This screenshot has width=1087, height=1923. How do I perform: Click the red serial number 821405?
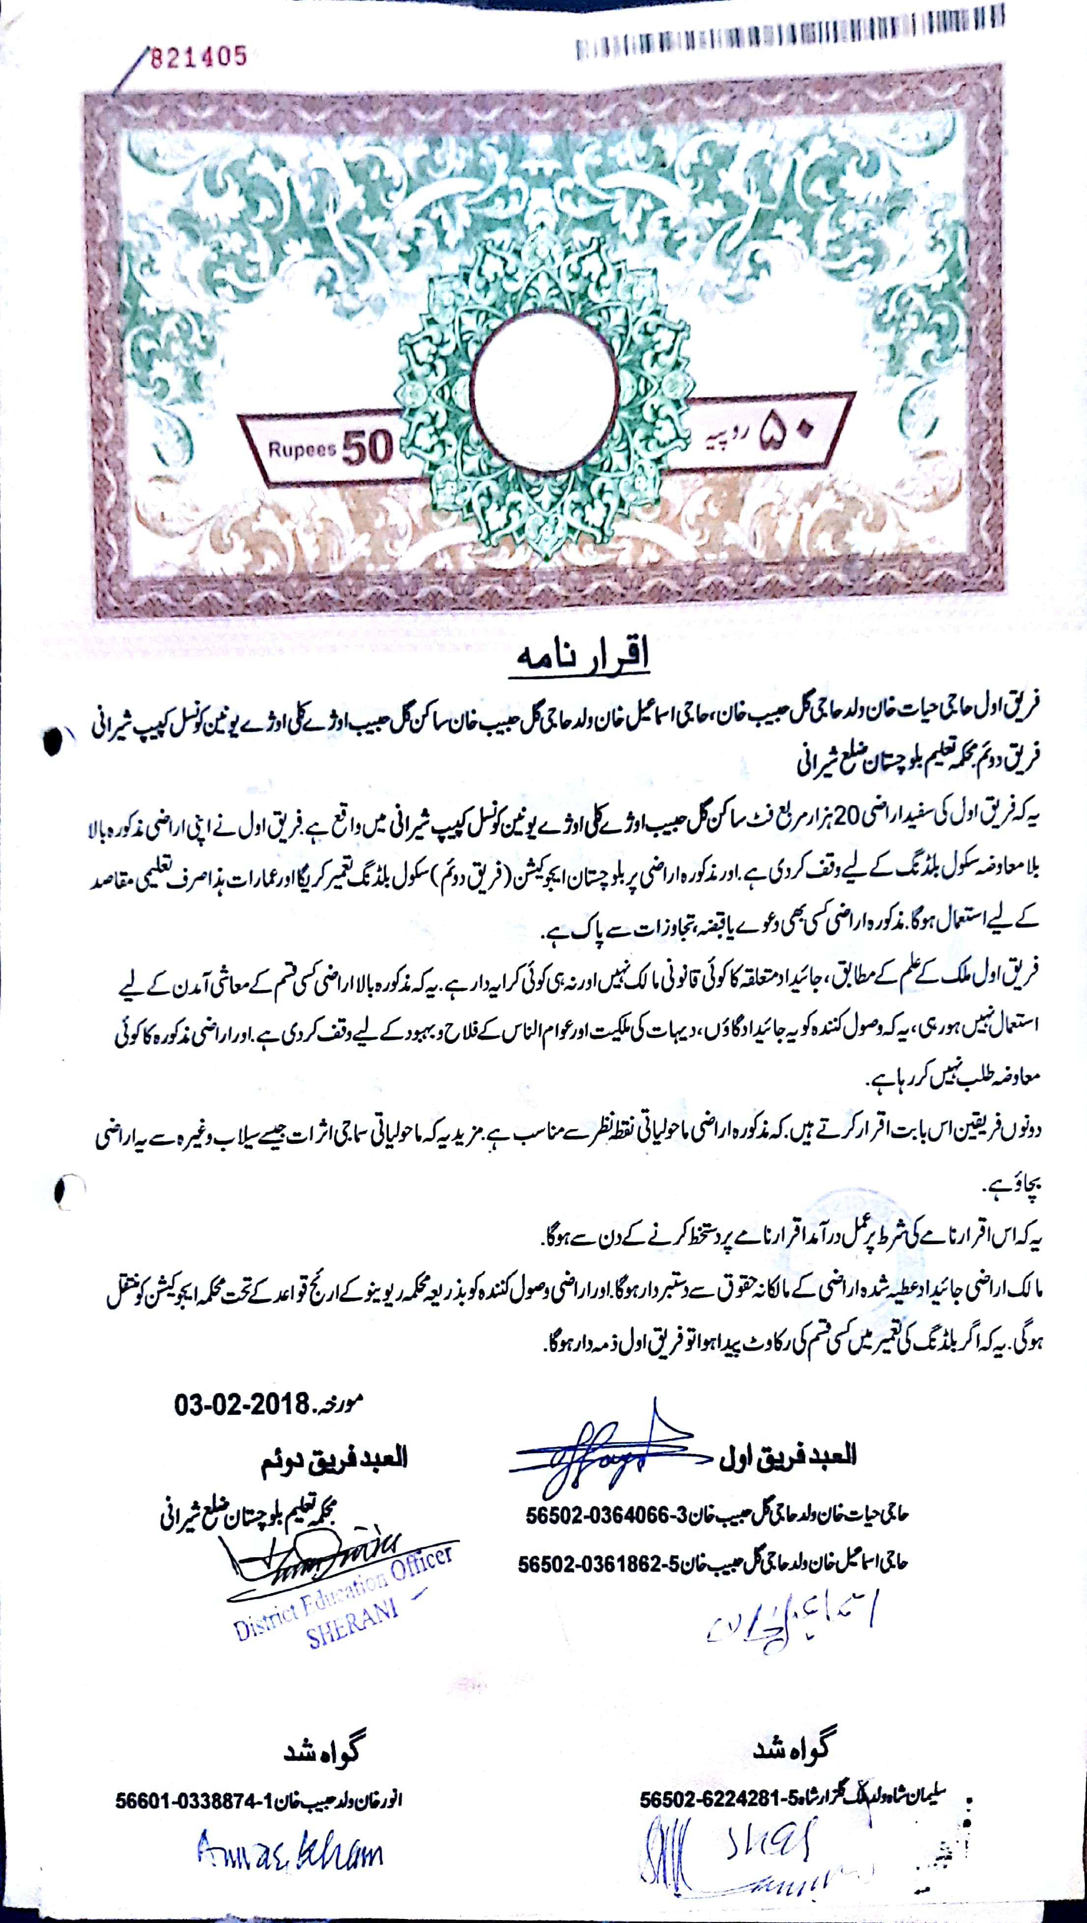199,57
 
